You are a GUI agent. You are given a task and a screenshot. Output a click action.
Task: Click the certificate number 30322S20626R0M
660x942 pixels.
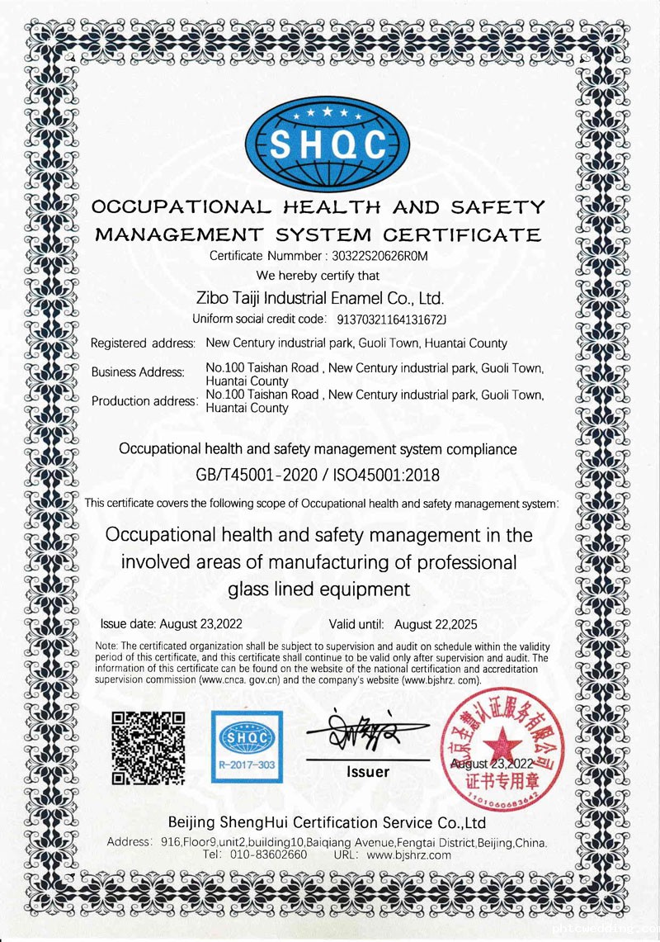379,256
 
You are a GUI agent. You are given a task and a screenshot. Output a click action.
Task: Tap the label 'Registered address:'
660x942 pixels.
143,343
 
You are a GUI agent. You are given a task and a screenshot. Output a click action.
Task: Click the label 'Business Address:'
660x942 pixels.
138,372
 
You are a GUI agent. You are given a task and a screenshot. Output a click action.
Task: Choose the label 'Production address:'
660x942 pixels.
144,401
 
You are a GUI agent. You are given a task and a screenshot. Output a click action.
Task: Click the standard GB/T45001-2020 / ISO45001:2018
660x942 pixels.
318,476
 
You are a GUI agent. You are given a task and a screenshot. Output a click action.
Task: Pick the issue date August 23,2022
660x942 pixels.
200,624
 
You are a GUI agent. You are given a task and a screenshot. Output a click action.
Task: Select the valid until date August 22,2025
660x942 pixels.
436,624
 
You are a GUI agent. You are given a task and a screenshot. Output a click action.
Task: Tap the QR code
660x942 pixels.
148,747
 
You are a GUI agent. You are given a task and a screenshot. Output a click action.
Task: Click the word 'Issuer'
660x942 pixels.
367,772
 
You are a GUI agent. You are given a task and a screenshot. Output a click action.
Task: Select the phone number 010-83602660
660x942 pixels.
268,855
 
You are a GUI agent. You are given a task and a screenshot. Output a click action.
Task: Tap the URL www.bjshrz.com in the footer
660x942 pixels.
409,855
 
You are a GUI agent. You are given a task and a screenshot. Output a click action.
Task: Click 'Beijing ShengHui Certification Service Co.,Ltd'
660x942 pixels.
326,823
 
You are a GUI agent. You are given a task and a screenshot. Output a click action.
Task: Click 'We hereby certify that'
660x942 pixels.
318,275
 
